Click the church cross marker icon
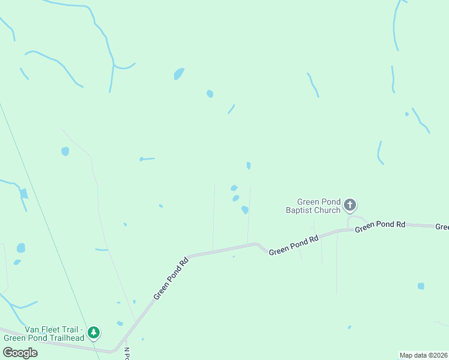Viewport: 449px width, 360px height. tap(350, 206)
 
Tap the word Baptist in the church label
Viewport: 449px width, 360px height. tap(304, 210)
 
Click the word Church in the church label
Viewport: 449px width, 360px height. tap(331, 210)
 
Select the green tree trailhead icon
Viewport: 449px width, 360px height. tap(93, 332)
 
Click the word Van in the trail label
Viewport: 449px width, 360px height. tap(32, 329)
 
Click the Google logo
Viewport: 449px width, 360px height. tap(20, 352)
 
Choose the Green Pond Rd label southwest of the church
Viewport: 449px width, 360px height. tap(294, 245)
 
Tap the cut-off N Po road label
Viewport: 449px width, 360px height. tap(127, 354)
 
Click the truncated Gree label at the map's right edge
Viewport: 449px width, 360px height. tap(442, 227)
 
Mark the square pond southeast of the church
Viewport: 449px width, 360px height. tap(421, 286)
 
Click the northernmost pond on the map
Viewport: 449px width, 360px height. tap(179, 74)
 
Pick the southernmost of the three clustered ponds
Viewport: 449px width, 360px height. tap(244, 210)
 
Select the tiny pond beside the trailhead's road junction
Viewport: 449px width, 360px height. tap(119, 323)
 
